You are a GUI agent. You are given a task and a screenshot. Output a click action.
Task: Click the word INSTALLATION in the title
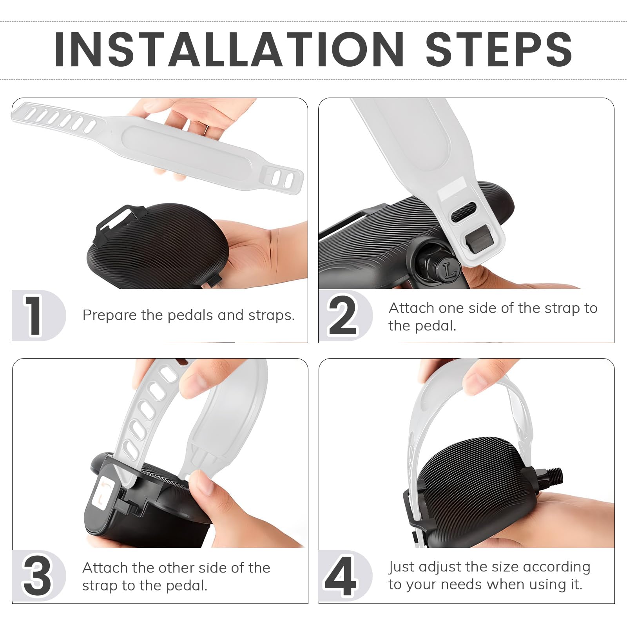229,49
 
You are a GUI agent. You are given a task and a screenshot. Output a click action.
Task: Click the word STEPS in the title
499,49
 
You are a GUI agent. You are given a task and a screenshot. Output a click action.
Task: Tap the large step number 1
34,315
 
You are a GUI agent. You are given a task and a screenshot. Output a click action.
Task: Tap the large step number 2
342,315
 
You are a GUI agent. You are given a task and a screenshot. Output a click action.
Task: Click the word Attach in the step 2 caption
411,308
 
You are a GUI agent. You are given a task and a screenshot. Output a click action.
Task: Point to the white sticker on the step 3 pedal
103,495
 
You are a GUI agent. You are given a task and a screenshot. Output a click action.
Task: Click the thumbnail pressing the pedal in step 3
205,486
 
